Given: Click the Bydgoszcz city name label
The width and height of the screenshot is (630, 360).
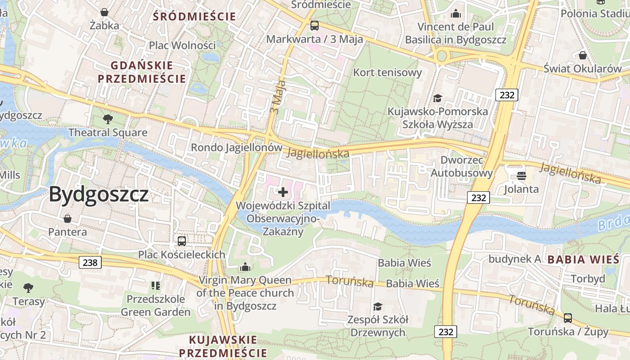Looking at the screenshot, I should tap(99, 194).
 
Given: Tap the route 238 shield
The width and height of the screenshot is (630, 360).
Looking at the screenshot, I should tap(90, 262).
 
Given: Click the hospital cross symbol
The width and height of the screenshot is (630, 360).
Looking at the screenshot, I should tap(283, 193).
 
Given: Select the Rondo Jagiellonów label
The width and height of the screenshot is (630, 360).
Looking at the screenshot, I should tap(237, 148).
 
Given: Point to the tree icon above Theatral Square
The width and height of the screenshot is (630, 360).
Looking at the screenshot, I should tap(108, 119).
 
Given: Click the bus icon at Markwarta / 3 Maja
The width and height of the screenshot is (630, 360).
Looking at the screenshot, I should tap(315, 26).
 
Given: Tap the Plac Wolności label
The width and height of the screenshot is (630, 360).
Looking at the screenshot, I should tap(182, 45).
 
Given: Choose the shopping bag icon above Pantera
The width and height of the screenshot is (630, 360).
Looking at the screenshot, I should tap(67, 219).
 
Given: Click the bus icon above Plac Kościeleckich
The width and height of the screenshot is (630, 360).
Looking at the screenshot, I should tap(182, 241).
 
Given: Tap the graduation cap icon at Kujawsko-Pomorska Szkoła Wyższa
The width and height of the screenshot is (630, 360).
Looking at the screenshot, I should tap(437, 98).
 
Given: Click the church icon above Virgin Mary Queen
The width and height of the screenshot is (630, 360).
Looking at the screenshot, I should tap(245, 267).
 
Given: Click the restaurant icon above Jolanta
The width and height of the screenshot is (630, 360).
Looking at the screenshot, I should tap(522, 175).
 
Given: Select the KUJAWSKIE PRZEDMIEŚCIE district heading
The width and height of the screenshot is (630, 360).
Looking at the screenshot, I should tap(223, 346).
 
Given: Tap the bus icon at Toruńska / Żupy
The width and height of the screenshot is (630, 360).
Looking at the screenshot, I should tap(568, 318).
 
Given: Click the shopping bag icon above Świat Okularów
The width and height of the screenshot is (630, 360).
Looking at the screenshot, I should tap(583, 55).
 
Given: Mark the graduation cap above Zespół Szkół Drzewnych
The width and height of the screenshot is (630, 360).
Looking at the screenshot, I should tap(378, 306).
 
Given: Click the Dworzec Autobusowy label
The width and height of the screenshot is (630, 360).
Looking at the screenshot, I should tap(462, 166).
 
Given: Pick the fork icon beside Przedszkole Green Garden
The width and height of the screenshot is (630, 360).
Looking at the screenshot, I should tap(156, 285).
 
